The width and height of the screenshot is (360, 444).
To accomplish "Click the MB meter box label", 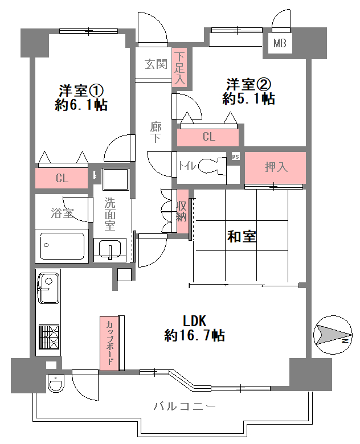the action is [x=280, y=43].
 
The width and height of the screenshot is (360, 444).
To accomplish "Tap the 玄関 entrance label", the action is [x=156, y=64].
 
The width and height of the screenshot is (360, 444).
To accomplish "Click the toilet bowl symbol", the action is [x=212, y=166].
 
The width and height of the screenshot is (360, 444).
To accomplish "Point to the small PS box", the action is [x=235, y=157].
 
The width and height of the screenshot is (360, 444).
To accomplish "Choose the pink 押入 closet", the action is [x=275, y=167].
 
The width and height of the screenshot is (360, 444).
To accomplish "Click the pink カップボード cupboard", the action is [x=109, y=343].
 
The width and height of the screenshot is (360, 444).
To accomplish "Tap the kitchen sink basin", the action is [x=48, y=288].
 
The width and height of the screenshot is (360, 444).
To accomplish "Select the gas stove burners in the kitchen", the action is [x=49, y=337].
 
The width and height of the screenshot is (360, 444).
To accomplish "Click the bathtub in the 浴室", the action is [x=62, y=246].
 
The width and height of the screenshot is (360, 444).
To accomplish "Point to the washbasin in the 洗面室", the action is [x=110, y=249].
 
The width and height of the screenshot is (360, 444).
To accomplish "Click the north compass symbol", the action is [x=333, y=335].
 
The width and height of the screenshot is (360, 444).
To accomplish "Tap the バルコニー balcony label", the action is [x=185, y=406].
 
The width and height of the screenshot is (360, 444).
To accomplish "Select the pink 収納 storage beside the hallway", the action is [x=182, y=211].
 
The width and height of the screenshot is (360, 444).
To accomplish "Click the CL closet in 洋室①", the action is [x=62, y=178].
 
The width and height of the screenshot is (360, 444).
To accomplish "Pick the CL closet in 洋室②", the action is [x=208, y=137].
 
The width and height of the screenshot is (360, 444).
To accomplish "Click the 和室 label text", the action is [x=242, y=236].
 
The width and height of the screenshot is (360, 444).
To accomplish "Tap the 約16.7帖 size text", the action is [x=194, y=335].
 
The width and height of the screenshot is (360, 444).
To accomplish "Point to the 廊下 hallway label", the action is [x=156, y=132].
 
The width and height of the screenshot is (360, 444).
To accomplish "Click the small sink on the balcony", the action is [x=56, y=383].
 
